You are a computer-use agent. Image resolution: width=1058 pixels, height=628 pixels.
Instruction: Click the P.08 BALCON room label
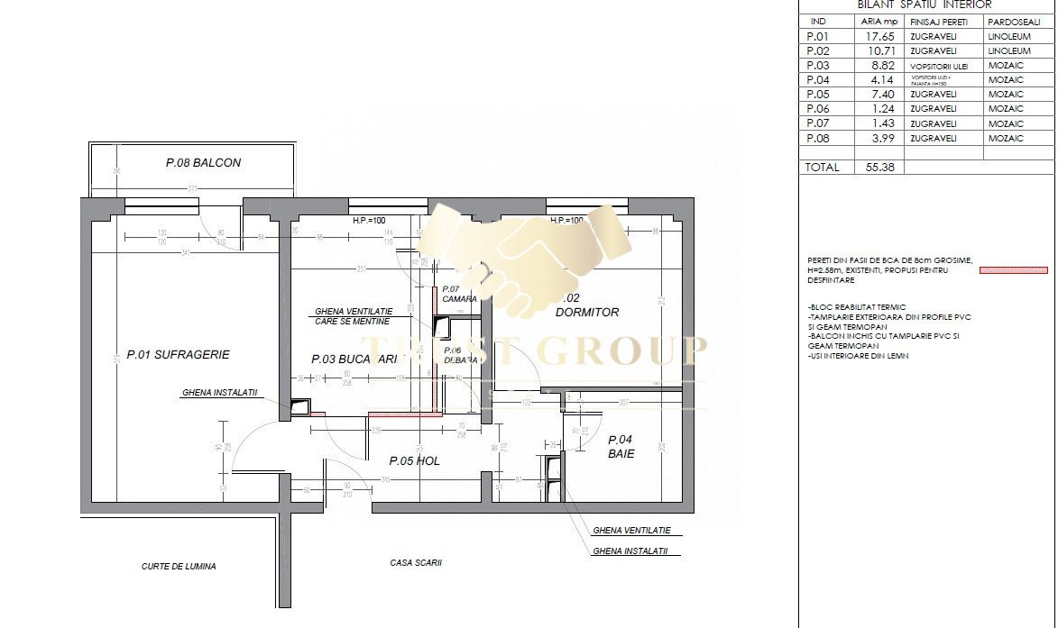click(x=203, y=163)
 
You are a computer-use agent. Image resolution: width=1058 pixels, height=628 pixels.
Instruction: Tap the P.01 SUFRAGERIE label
click(x=178, y=355)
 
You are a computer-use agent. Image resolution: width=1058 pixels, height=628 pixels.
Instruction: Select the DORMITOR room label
click(x=586, y=313)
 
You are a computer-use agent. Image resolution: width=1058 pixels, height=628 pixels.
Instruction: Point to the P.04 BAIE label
click(x=621, y=447)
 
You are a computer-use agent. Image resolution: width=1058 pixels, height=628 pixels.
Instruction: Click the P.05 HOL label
click(x=414, y=461)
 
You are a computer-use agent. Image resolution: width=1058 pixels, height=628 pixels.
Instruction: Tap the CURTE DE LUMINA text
click(x=179, y=567)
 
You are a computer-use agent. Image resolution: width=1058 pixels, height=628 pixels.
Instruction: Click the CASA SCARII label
click(x=416, y=562)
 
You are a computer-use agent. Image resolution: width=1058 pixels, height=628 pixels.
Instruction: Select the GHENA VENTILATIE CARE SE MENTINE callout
click(x=354, y=315)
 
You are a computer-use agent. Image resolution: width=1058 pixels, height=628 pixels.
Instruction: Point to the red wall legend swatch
click(x=1014, y=269)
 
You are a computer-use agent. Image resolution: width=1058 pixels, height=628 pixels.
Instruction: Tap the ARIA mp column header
click(x=877, y=20)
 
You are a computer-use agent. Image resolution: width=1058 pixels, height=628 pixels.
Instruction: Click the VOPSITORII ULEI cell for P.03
click(x=943, y=66)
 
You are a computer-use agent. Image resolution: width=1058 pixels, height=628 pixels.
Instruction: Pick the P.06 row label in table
click(x=818, y=109)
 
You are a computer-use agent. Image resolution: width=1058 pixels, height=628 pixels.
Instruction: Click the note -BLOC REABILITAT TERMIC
click(x=857, y=307)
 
